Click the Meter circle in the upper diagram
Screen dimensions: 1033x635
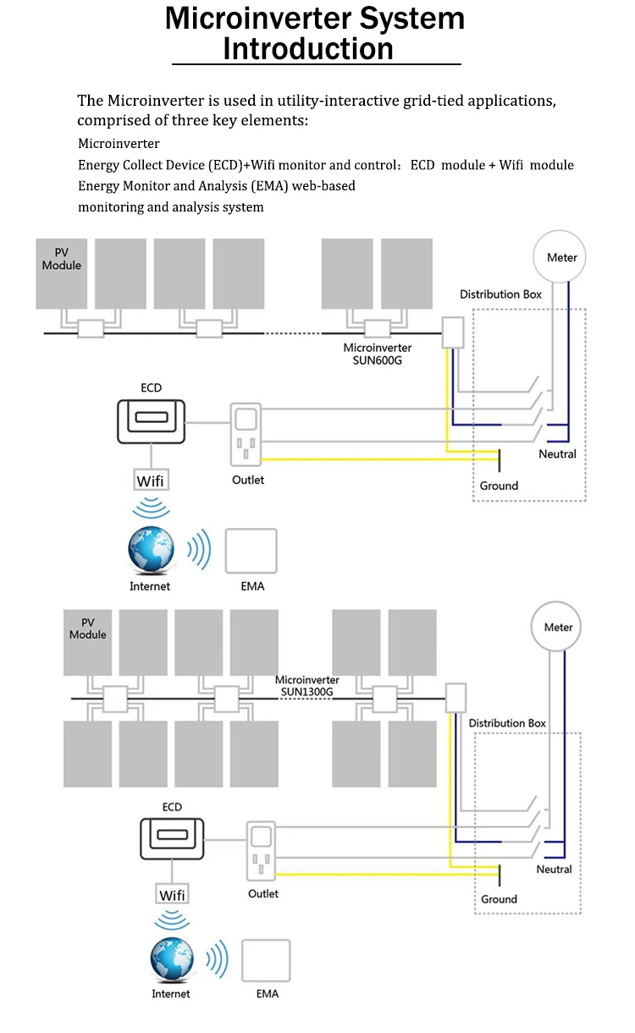tap(561, 257)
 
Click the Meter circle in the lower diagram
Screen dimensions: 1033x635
tap(558, 627)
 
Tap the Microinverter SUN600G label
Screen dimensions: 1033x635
tap(378, 354)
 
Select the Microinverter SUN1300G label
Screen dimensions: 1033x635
tap(307, 685)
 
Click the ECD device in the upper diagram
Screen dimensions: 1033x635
tap(151, 420)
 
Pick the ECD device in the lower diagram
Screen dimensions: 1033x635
tap(173, 838)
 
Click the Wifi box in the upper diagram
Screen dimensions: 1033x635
tap(151, 481)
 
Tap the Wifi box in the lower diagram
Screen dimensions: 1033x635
tap(173, 895)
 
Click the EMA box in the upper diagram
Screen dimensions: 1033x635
tap(251, 552)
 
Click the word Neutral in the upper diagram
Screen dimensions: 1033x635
tap(557, 454)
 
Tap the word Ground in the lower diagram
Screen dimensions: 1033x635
tap(499, 899)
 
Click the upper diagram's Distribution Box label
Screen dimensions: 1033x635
tap(500, 294)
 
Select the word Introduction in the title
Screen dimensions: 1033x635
tap(308, 49)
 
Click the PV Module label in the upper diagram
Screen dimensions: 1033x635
tap(62, 259)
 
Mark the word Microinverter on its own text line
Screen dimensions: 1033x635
tap(119, 144)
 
